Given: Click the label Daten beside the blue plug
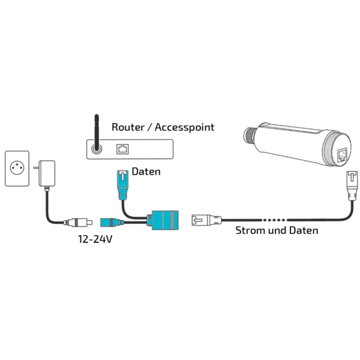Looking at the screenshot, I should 146,172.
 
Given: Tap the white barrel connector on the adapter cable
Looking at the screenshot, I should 79,223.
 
